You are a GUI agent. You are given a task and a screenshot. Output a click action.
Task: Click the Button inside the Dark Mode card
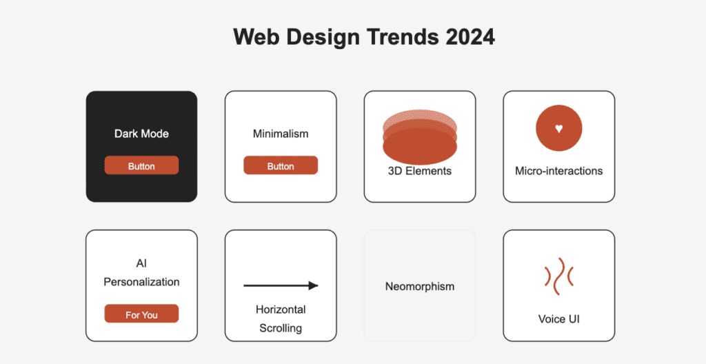click(x=141, y=165)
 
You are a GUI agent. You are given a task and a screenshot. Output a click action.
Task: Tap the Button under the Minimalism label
click(x=281, y=165)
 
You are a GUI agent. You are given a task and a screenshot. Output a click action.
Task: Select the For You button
click(x=141, y=314)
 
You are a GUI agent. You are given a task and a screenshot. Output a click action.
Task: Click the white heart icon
click(x=558, y=128)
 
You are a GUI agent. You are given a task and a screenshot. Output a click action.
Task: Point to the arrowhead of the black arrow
click(x=314, y=285)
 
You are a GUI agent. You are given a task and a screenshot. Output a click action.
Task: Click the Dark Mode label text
click(x=141, y=134)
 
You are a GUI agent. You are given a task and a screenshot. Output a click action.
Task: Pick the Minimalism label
click(x=281, y=134)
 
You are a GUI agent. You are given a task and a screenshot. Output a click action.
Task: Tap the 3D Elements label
click(x=420, y=171)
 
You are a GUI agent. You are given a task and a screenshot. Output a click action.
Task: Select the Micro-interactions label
click(x=558, y=171)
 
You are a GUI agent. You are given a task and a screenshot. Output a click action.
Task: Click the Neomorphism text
click(x=420, y=287)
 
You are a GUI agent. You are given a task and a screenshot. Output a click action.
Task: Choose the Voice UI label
click(x=558, y=319)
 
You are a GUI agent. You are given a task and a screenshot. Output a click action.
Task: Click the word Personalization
click(x=141, y=283)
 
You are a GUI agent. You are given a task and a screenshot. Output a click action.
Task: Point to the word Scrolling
click(x=281, y=328)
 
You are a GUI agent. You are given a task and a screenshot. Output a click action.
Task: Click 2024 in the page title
click(x=470, y=37)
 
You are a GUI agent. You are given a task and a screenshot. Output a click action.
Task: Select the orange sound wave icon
click(x=558, y=276)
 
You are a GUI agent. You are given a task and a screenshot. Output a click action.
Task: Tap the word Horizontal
click(x=281, y=310)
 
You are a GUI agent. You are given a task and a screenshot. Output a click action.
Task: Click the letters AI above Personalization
click(x=141, y=263)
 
